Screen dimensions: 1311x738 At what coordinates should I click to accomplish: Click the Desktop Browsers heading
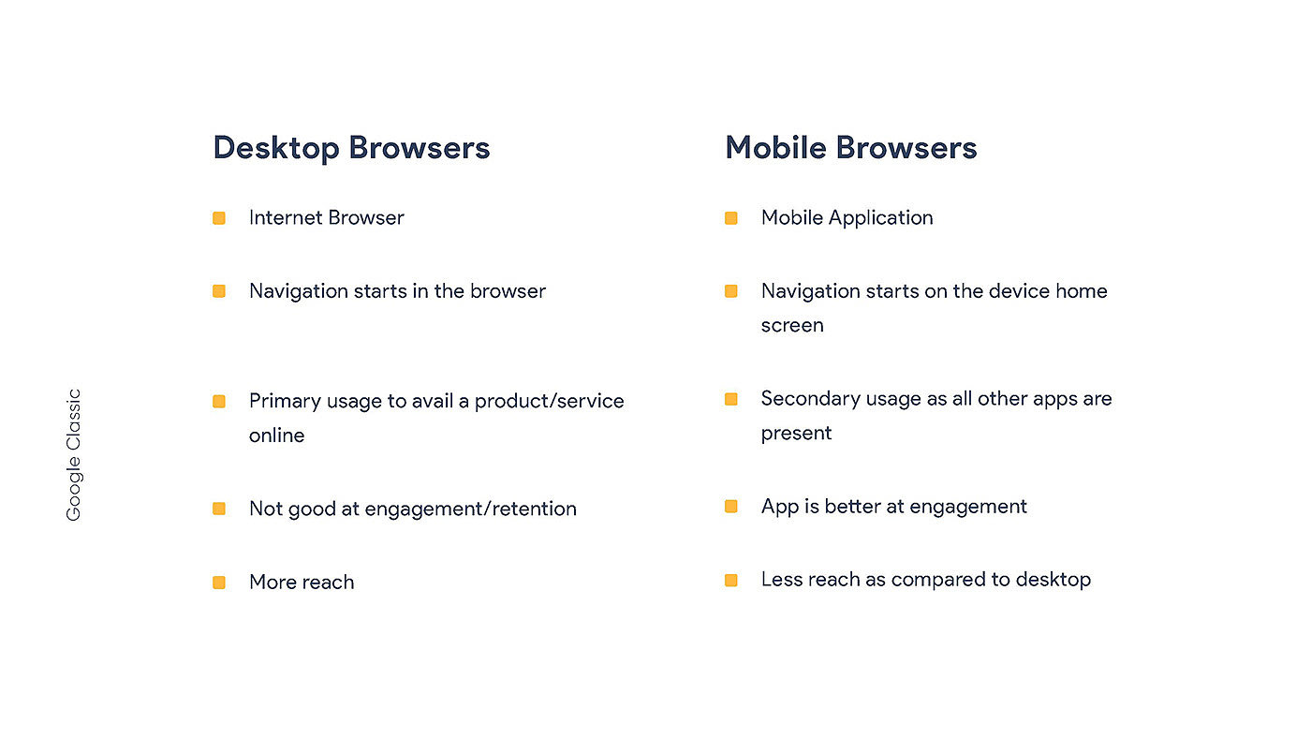pyautogui.click(x=351, y=148)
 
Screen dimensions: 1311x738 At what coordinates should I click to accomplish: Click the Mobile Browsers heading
pyautogui.click(x=851, y=147)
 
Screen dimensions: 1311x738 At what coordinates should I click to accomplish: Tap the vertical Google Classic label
pyautogui.click(x=74, y=455)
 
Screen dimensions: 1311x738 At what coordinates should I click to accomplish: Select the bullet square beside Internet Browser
pyautogui.click(x=219, y=218)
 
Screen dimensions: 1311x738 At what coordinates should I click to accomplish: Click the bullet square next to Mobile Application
pyautogui.click(x=731, y=218)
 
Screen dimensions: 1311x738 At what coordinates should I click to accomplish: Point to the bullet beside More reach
pyautogui.click(x=219, y=583)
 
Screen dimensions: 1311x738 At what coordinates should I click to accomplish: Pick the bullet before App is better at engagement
pyautogui.click(x=731, y=507)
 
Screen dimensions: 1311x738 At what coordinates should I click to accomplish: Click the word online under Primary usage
pyautogui.click(x=277, y=435)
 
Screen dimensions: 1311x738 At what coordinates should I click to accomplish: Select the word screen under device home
pyautogui.click(x=792, y=326)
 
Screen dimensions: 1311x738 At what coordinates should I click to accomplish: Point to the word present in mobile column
pyautogui.click(x=797, y=435)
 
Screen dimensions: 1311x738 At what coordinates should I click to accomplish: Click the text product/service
pyautogui.click(x=549, y=402)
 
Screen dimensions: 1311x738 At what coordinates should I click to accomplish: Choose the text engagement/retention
pyautogui.click(x=470, y=509)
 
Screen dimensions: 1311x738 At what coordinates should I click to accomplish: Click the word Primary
pyautogui.click(x=285, y=402)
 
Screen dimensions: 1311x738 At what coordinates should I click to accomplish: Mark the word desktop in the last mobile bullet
pyautogui.click(x=1053, y=580)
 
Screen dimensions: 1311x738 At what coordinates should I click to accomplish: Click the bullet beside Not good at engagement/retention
pyautogui.click(x=219, y=509)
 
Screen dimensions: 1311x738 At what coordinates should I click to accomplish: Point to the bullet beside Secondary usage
pyautogui.click(x=731, y=399)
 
